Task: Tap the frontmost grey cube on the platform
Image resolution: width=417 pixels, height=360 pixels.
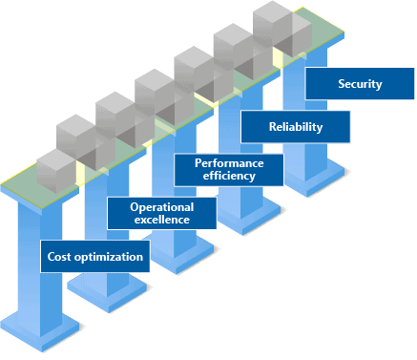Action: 55,173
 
